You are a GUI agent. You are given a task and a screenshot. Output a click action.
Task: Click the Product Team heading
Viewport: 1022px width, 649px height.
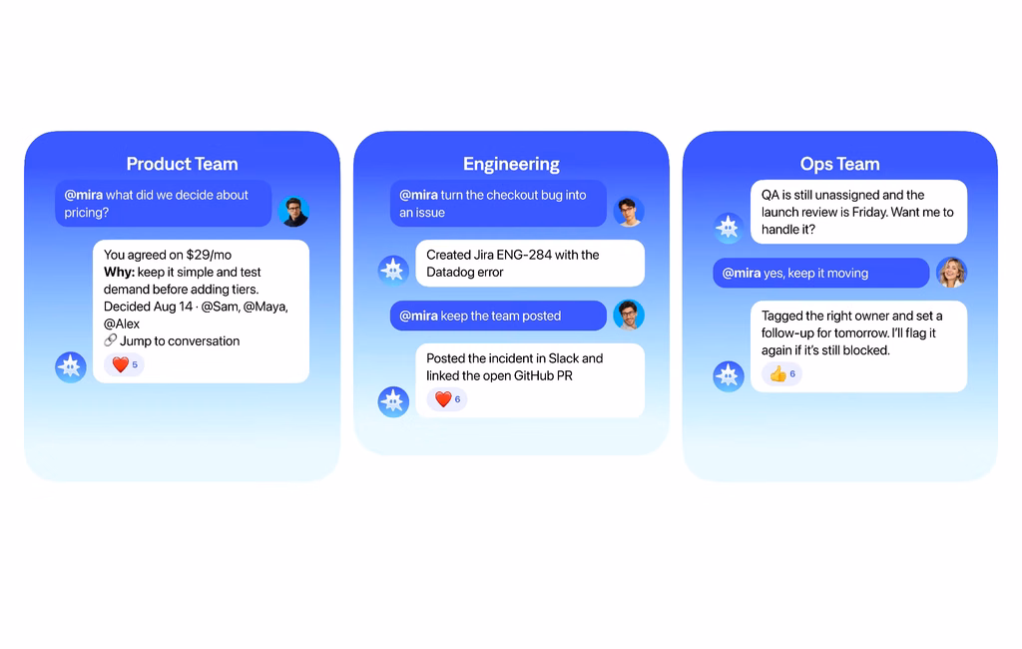[x=182, y=164]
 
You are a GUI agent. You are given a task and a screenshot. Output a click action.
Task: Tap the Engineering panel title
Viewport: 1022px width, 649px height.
[x=511, y=165]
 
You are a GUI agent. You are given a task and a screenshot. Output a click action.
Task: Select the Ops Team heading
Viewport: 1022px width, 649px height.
[x=839, y=165]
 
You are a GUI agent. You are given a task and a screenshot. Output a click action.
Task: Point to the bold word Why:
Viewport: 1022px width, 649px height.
[x=119, y=272]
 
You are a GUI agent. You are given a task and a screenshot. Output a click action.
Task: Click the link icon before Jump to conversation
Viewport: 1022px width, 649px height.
[x=110, y=340]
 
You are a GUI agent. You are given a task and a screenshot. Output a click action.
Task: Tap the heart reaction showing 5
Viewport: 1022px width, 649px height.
[x=124, y=364]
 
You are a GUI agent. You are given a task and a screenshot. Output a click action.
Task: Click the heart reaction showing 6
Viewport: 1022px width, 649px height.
[x=447, y=399]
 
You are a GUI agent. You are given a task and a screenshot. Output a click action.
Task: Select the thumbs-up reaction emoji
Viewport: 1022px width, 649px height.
[x=777, y=373]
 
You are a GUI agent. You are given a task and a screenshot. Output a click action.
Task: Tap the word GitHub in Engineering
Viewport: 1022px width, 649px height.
[x=537, y=375]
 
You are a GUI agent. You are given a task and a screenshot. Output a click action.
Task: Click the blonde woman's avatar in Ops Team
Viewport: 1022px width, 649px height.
[x=951, y=273]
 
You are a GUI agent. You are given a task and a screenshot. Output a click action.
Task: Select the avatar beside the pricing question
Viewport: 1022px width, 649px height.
[x=293, y=212]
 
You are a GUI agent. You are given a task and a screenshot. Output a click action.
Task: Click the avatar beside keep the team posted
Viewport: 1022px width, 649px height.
[x=629, y=316]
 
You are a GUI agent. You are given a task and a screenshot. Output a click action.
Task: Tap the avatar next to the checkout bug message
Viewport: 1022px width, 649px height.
[x=629, y=212]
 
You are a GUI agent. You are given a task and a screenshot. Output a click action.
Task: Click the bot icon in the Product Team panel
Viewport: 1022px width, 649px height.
[x=71, y=367]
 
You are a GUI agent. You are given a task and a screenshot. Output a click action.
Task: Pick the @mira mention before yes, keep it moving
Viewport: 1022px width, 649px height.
[x=742, y=274]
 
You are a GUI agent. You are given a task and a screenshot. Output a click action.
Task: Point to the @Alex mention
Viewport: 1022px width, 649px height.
[x=122, y=324]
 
